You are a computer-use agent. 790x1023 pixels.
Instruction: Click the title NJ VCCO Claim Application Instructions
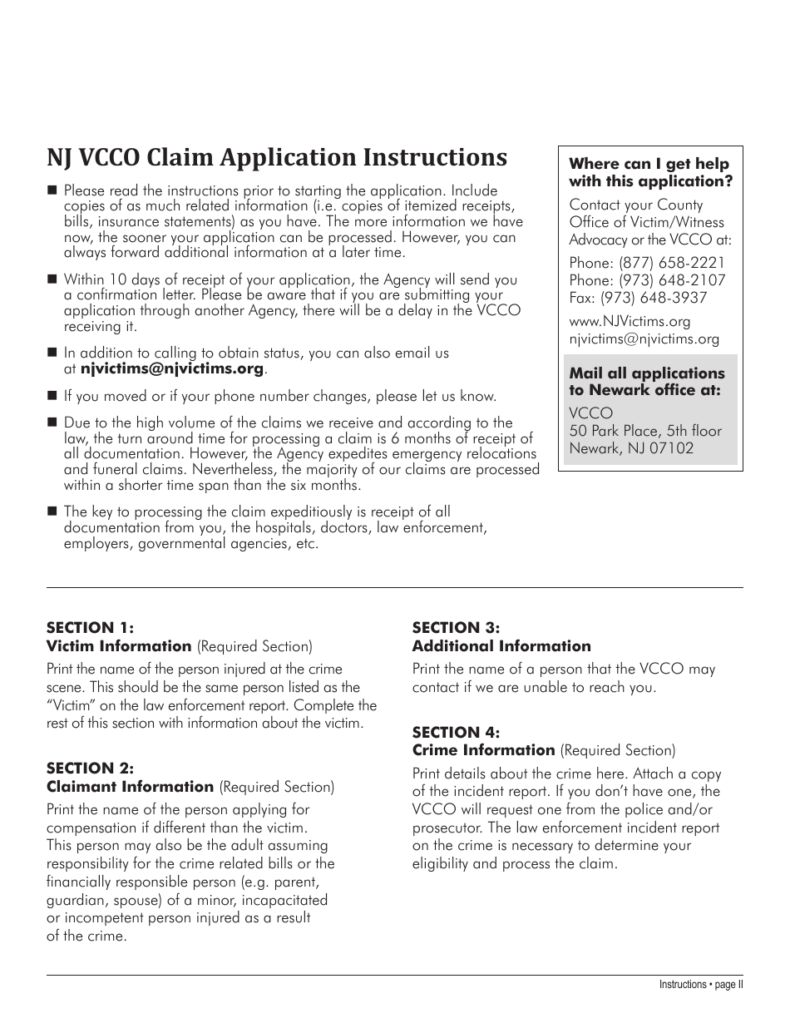click(276, 158)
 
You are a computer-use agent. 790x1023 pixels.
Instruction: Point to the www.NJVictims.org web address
click(630, 321)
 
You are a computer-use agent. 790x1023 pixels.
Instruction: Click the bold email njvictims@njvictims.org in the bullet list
click(171, 368)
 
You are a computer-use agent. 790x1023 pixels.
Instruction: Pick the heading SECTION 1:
click(90, 628)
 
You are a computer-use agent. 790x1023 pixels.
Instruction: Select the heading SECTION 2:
click(90, 768)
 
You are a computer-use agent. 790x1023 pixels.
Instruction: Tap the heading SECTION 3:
click(456, 628)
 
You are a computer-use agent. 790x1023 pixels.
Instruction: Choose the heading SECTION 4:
click(456, 732)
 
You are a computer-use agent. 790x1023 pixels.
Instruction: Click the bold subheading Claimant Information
click(130, 787)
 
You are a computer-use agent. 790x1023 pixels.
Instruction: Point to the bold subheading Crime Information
click(483, 750)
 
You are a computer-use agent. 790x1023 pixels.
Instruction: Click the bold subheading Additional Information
click(501, 646)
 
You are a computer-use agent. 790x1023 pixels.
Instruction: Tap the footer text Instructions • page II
click(700, 985)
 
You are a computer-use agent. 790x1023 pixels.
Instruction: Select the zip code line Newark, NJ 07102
click(631, 448)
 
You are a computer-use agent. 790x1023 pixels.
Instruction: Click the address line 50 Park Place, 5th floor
click(645, 431)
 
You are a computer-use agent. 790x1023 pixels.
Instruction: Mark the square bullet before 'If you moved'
click(53, 396)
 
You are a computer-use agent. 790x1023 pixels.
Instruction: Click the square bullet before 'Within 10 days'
click(53, 279)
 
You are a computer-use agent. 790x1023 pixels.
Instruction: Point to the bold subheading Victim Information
click(119, 646)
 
